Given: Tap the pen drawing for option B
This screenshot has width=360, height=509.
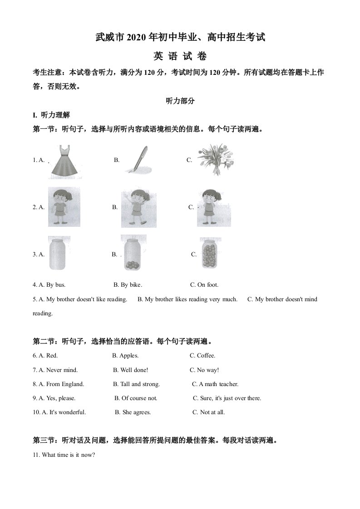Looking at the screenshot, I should click(137, 160).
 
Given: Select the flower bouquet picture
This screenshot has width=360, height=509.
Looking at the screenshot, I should click(213, 160).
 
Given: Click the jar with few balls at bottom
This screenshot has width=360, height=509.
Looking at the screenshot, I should click(133, 254).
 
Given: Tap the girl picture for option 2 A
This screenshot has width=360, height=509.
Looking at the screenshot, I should click(64, 207).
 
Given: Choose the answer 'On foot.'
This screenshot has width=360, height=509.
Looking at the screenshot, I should click(208, 285).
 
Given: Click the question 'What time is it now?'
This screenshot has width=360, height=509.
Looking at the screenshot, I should click(68, 455).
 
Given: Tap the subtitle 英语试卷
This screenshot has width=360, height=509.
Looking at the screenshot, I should click(180, 56).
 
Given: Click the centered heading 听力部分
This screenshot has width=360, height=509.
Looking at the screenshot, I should click(180, 101).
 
